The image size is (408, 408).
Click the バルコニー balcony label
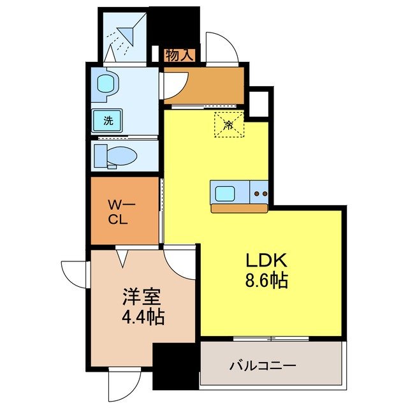tap(262, 366)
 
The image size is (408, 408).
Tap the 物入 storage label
tap(179, 55)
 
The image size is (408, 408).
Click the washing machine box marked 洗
tap(108, 120)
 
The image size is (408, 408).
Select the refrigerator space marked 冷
tap(229, 124)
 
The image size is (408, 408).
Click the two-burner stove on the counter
tap(259, 192)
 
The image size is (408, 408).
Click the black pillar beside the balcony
tap(176, 366)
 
